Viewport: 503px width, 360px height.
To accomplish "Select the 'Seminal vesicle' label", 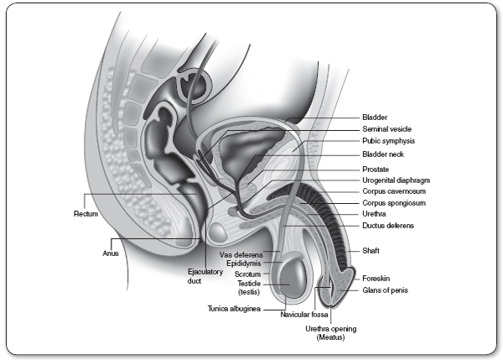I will (x=386, y=129).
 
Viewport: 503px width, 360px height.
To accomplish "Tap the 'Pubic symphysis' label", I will (x=388, y=141).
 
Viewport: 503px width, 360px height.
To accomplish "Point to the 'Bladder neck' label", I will (x=382, y=154).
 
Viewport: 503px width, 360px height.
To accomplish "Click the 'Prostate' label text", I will (x=375, y=170).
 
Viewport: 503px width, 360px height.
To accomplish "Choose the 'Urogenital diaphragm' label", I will (x=396, y=180).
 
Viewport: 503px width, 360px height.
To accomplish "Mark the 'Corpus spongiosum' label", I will (x=392, y=203).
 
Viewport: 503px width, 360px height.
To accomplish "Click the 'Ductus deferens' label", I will (x=387, y=226).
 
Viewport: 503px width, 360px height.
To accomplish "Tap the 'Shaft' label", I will (x=371, y=250).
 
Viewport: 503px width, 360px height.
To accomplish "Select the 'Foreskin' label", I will (x=375, y=278).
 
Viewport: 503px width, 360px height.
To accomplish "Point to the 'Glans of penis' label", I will (x=385, y=290).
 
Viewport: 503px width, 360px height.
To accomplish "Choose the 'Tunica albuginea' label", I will (x=234, y=309).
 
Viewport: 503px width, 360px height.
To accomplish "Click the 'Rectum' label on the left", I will (x=86, y=213).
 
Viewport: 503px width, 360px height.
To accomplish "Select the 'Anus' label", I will (x=111, y=251).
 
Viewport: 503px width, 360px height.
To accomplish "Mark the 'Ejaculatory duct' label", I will (x=200, y=277).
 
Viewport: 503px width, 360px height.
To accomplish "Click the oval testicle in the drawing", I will (x=294, y=279).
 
